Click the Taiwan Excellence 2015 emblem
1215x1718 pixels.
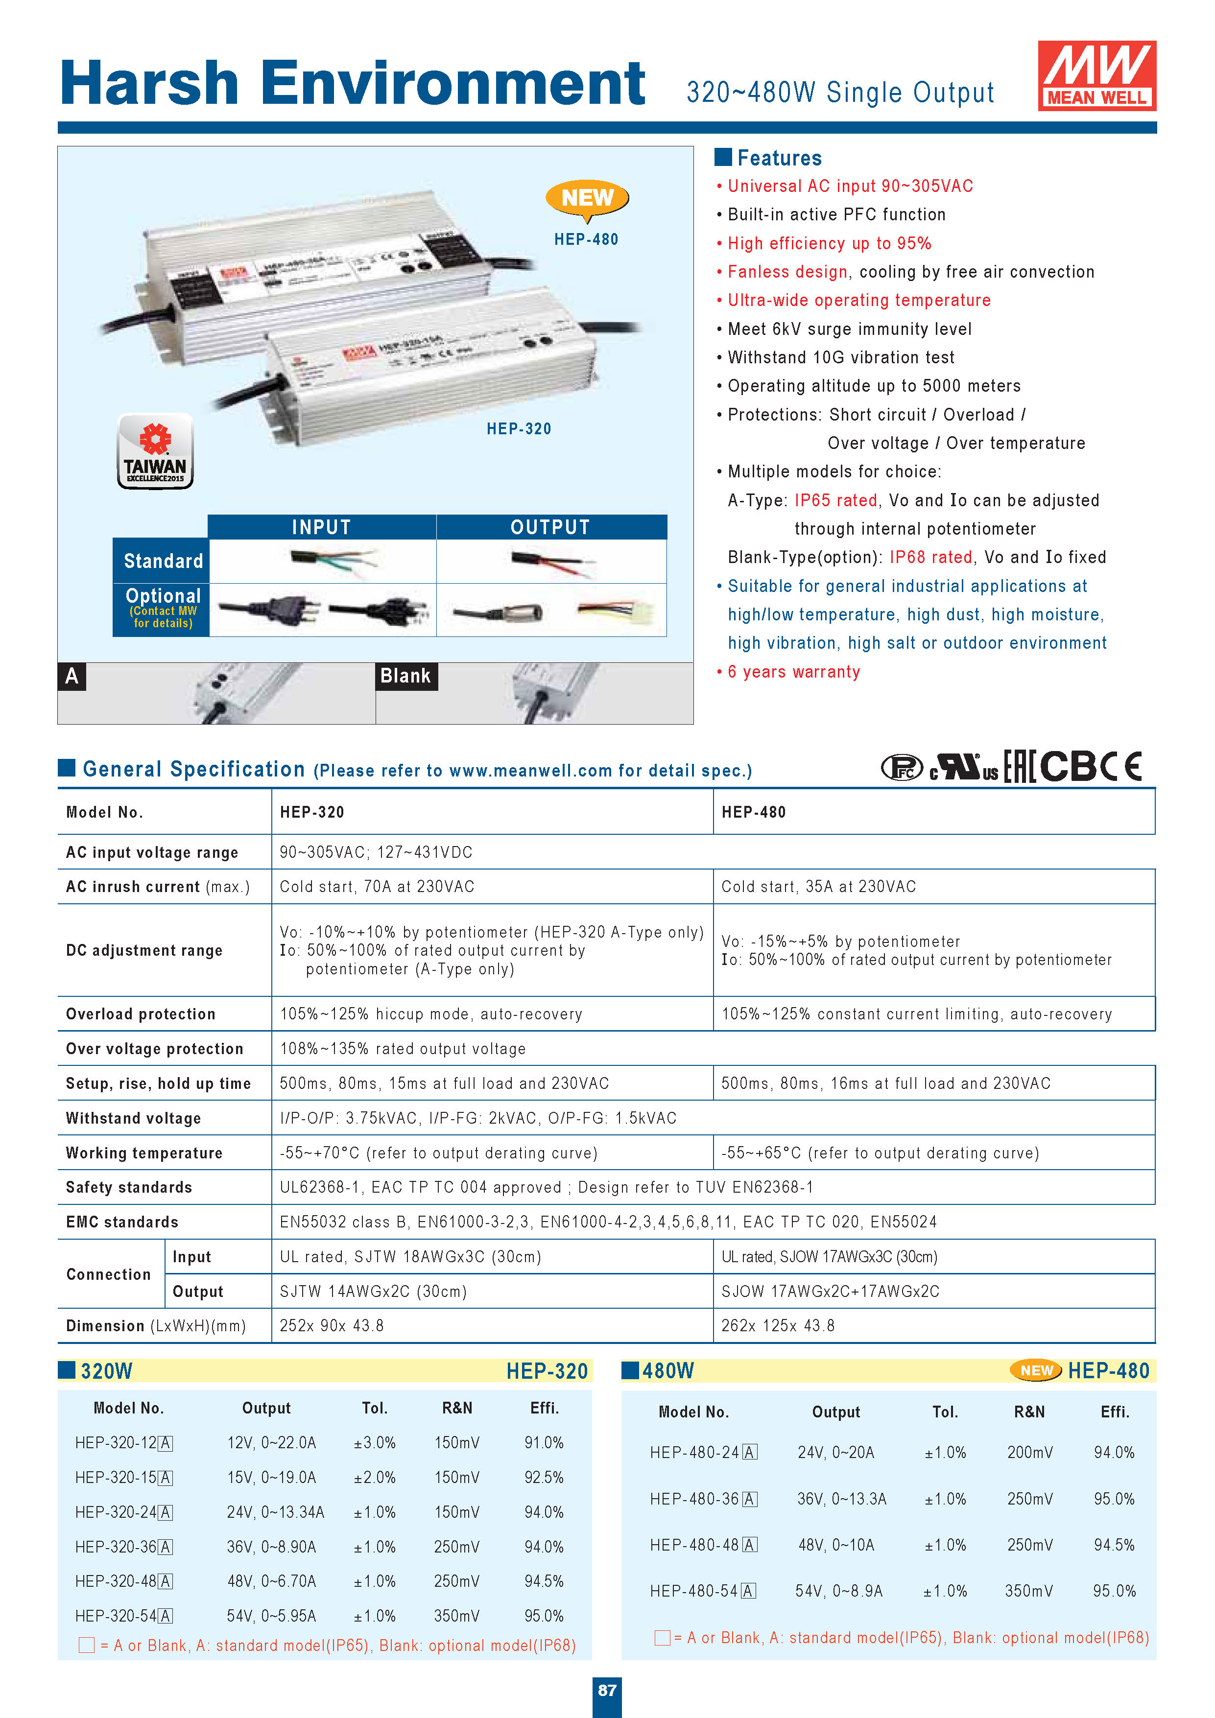155,451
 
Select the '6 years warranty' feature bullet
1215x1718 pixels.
793,672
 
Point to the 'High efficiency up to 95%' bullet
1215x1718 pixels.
829,243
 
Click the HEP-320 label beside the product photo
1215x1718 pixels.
519,429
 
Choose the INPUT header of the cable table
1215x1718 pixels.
321,527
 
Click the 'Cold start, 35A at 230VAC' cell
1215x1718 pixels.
818,887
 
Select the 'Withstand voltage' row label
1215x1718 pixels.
133,1118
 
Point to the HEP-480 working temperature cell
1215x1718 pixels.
880,1153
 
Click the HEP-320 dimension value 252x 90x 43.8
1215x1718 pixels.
332,1326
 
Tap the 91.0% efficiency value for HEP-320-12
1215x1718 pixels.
544,1443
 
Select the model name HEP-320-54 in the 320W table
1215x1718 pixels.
123,1616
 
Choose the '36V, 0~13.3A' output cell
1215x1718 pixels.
841,1499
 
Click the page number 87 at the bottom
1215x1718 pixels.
607,1690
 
